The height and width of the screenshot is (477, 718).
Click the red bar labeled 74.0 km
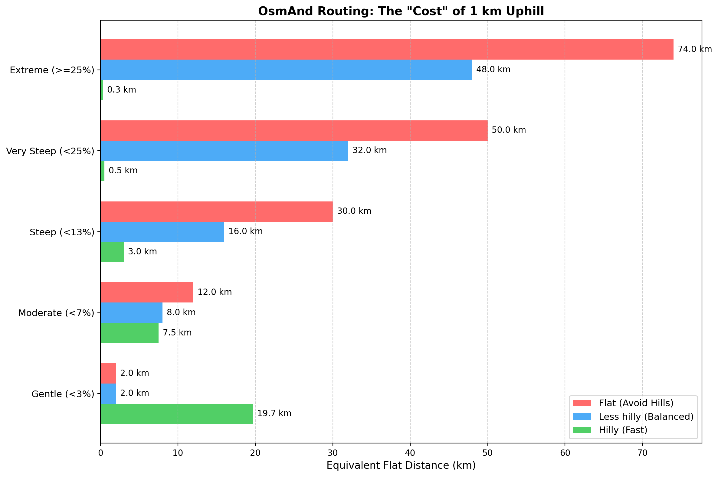coord(386,49)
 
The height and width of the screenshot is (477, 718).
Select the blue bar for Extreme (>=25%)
coord(286,70)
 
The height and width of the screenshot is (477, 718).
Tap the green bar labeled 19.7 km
coord(176,414)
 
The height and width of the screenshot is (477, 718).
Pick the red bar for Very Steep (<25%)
coord(294,130)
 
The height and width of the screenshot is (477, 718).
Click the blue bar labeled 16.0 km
coord(162,231)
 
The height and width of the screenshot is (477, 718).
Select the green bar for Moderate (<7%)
coord(129,333)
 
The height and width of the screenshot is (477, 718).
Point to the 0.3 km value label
coord(121,90)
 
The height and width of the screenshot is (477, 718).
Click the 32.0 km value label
coord(369,150)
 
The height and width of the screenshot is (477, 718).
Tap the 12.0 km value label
coord(215,292)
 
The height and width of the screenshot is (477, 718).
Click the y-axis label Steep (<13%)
coord(62,232)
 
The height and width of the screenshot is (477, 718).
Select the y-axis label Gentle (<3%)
coord(63,394)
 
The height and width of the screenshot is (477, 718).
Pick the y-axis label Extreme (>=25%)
coord(52,70)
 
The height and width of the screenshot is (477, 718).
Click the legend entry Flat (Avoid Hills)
coord(636,403)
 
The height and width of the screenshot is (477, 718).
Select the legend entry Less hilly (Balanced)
coord(646,417)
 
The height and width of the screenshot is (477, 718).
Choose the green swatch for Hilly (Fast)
coord(582,430)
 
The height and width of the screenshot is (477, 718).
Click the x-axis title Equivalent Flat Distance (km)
coord(401,466)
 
